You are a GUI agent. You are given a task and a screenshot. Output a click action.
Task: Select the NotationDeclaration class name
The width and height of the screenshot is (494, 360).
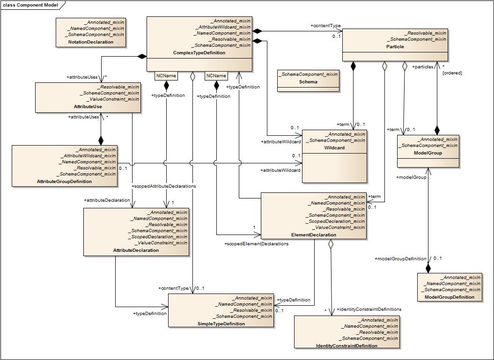91,42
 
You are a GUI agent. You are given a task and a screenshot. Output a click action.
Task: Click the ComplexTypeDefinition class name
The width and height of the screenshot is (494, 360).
199,53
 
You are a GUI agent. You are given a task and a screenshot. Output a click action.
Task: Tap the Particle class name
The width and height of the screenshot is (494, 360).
395,47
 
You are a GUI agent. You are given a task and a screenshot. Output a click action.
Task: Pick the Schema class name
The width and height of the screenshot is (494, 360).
308,82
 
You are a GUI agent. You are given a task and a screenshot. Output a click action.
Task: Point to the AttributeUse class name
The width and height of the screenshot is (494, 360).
88,107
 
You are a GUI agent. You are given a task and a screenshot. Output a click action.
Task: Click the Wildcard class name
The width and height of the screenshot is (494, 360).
334,148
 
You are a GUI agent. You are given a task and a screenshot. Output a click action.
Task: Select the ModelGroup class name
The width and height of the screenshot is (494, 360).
428,153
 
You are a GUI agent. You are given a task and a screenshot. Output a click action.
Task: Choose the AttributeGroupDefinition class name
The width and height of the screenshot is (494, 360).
64,182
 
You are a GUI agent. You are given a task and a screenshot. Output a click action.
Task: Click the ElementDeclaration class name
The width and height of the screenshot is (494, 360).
314,235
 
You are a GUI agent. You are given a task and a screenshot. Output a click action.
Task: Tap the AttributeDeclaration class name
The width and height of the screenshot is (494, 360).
136,250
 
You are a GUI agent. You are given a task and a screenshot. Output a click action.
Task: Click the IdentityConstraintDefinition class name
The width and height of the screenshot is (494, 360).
347,346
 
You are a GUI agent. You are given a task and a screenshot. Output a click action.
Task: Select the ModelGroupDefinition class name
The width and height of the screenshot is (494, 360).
449,297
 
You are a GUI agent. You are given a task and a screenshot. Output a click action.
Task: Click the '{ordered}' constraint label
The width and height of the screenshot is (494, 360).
452,73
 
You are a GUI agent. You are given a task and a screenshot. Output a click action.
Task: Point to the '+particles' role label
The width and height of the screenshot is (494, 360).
423,67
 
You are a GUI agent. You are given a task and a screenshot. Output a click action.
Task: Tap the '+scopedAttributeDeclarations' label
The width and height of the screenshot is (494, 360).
164,186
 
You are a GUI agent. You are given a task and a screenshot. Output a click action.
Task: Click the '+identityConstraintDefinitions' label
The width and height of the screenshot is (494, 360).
369,309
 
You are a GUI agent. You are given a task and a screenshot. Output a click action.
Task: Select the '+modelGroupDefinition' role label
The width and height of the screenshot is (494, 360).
400,259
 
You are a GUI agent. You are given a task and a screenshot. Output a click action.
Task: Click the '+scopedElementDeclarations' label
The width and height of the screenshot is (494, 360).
256,244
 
